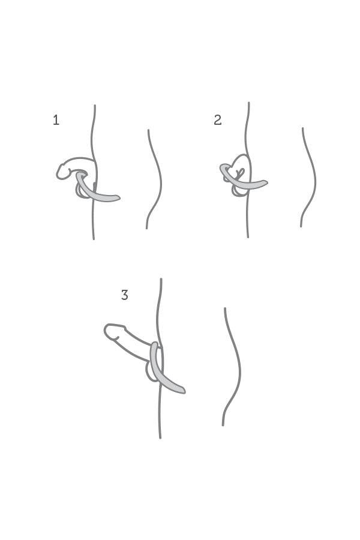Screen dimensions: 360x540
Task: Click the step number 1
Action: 56,120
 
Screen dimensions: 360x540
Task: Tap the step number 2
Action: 217,120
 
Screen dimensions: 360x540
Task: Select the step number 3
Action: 125,295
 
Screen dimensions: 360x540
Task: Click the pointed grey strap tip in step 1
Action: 119,198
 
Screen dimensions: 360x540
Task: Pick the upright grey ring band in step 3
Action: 154,360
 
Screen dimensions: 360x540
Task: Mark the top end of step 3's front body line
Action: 161,279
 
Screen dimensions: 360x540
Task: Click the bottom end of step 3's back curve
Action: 223,425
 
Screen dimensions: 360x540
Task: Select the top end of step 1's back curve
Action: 148,130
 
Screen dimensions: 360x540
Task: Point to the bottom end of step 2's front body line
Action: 248,236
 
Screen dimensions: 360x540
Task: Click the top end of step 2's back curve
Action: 303,128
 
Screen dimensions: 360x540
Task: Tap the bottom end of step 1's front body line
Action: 94,238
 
